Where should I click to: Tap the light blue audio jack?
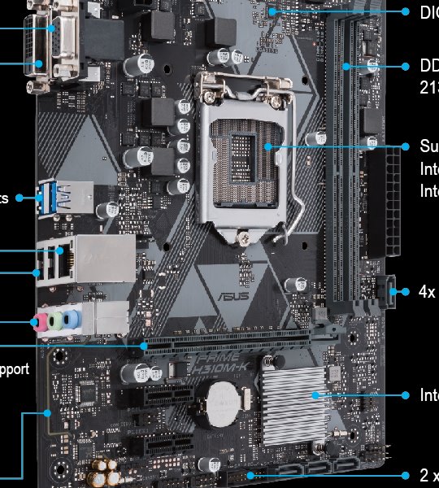pyautogui.click(x=72, y=319)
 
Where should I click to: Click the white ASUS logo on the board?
pyautogui.click(x=230, y=294)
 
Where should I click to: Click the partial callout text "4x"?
pyautogui.click(x=427, y=291)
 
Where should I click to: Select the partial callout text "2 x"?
pyautogui.click(x=428, y=475)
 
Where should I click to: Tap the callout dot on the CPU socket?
pyautogui.click(x=267, y=146)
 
